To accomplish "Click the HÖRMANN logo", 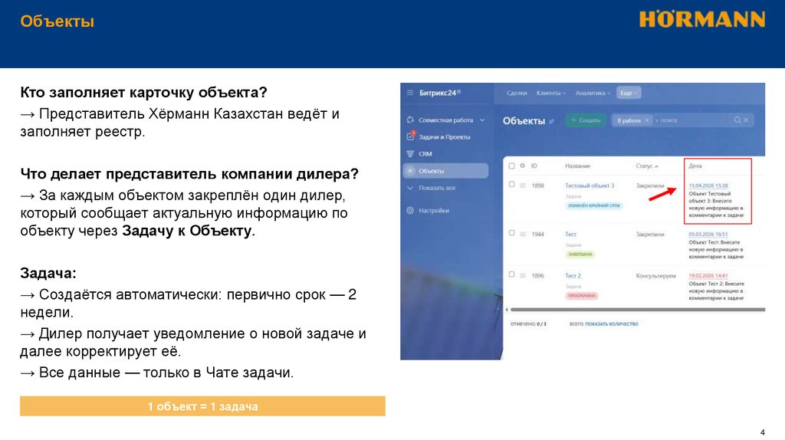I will (x=701, y=19).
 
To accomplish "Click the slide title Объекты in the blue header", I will (x=57, y=21).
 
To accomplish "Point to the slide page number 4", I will (x=761, y=430).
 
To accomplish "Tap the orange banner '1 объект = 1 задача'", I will (x=202, y=406).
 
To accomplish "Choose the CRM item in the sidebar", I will (x=425, y=153).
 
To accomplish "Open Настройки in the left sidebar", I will (x=434, y=210).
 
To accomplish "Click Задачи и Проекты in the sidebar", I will (x=444, y=136).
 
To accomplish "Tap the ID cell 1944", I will (x=538, y=234).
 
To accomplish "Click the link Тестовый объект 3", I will (x=590, y=186).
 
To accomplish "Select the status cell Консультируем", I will (x=655, y=275).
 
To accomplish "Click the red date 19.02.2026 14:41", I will (x=708, y=275).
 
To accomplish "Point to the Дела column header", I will (x=695, y=166).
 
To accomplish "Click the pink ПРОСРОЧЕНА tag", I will (x=583, y=295).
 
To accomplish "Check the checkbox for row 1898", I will (x=511, y=186).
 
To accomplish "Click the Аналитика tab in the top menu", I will (x=591, y=93).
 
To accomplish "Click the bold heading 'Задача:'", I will (x=48, y=273).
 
